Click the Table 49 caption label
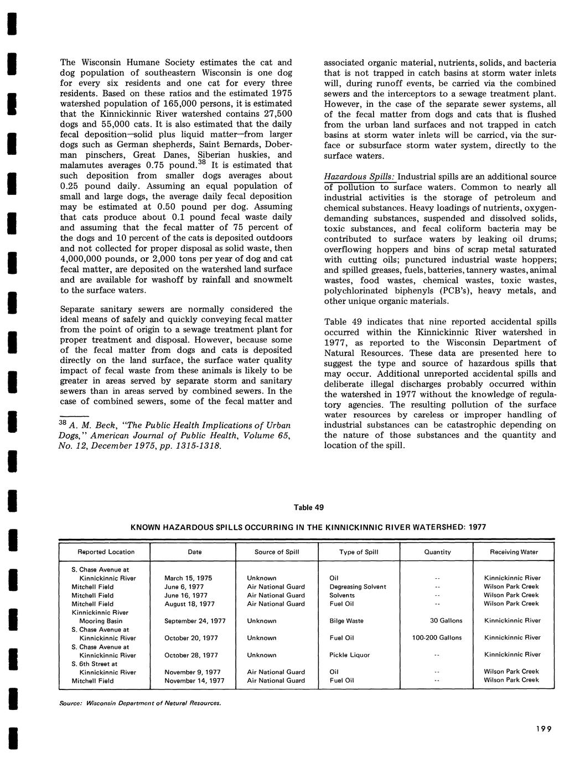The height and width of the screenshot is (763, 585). [x=308, y=507]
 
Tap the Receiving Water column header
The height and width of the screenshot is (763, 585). [x=514, y=552]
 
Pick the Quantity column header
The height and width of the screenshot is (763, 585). [x=437, y=552]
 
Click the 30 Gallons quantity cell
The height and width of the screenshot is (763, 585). [x=446, y=621]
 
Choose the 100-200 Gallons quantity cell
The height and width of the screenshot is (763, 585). [x=437, y=638]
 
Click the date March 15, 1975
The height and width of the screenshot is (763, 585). [x=188, y=578]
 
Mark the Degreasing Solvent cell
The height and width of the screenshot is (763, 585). [x=358, y=586]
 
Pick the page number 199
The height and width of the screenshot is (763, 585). [x=543, y=729]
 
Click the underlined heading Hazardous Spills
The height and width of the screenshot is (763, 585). [x=359, y=177]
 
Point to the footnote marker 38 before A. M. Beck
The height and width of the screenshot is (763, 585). [x=63, y=423]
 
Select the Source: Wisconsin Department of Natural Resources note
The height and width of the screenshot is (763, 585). [x=141, y=704]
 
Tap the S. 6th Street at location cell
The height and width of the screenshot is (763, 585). [x=95, y=663]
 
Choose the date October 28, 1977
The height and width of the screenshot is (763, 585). [x=191, y=655]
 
